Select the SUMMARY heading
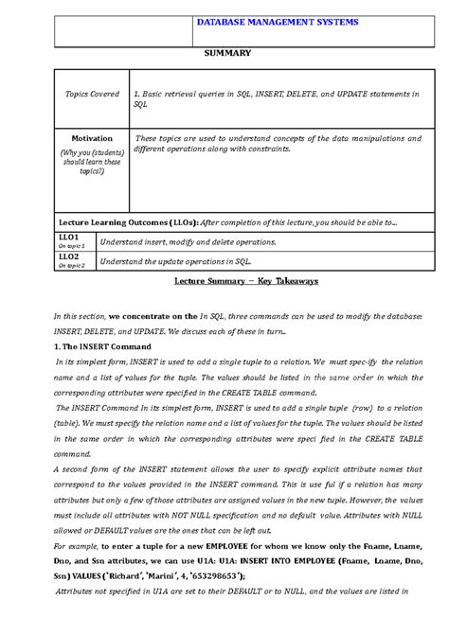[x=227, y=53]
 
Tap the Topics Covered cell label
[x=92, y=95]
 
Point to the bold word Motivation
[x=92, y=138]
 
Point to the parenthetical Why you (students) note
[x=92, y=161]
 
